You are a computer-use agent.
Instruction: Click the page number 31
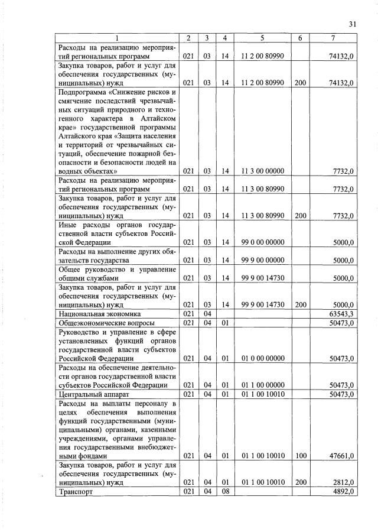353,24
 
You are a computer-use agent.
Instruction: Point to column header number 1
116,38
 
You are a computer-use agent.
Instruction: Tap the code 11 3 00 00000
263,171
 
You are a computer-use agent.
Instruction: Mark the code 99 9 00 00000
263,259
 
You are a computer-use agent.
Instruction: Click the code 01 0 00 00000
263,358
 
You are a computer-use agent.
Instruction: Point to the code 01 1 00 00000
263,385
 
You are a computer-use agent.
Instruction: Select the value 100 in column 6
300,456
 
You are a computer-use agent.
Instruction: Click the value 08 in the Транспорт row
224,492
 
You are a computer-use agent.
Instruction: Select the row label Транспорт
76,492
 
